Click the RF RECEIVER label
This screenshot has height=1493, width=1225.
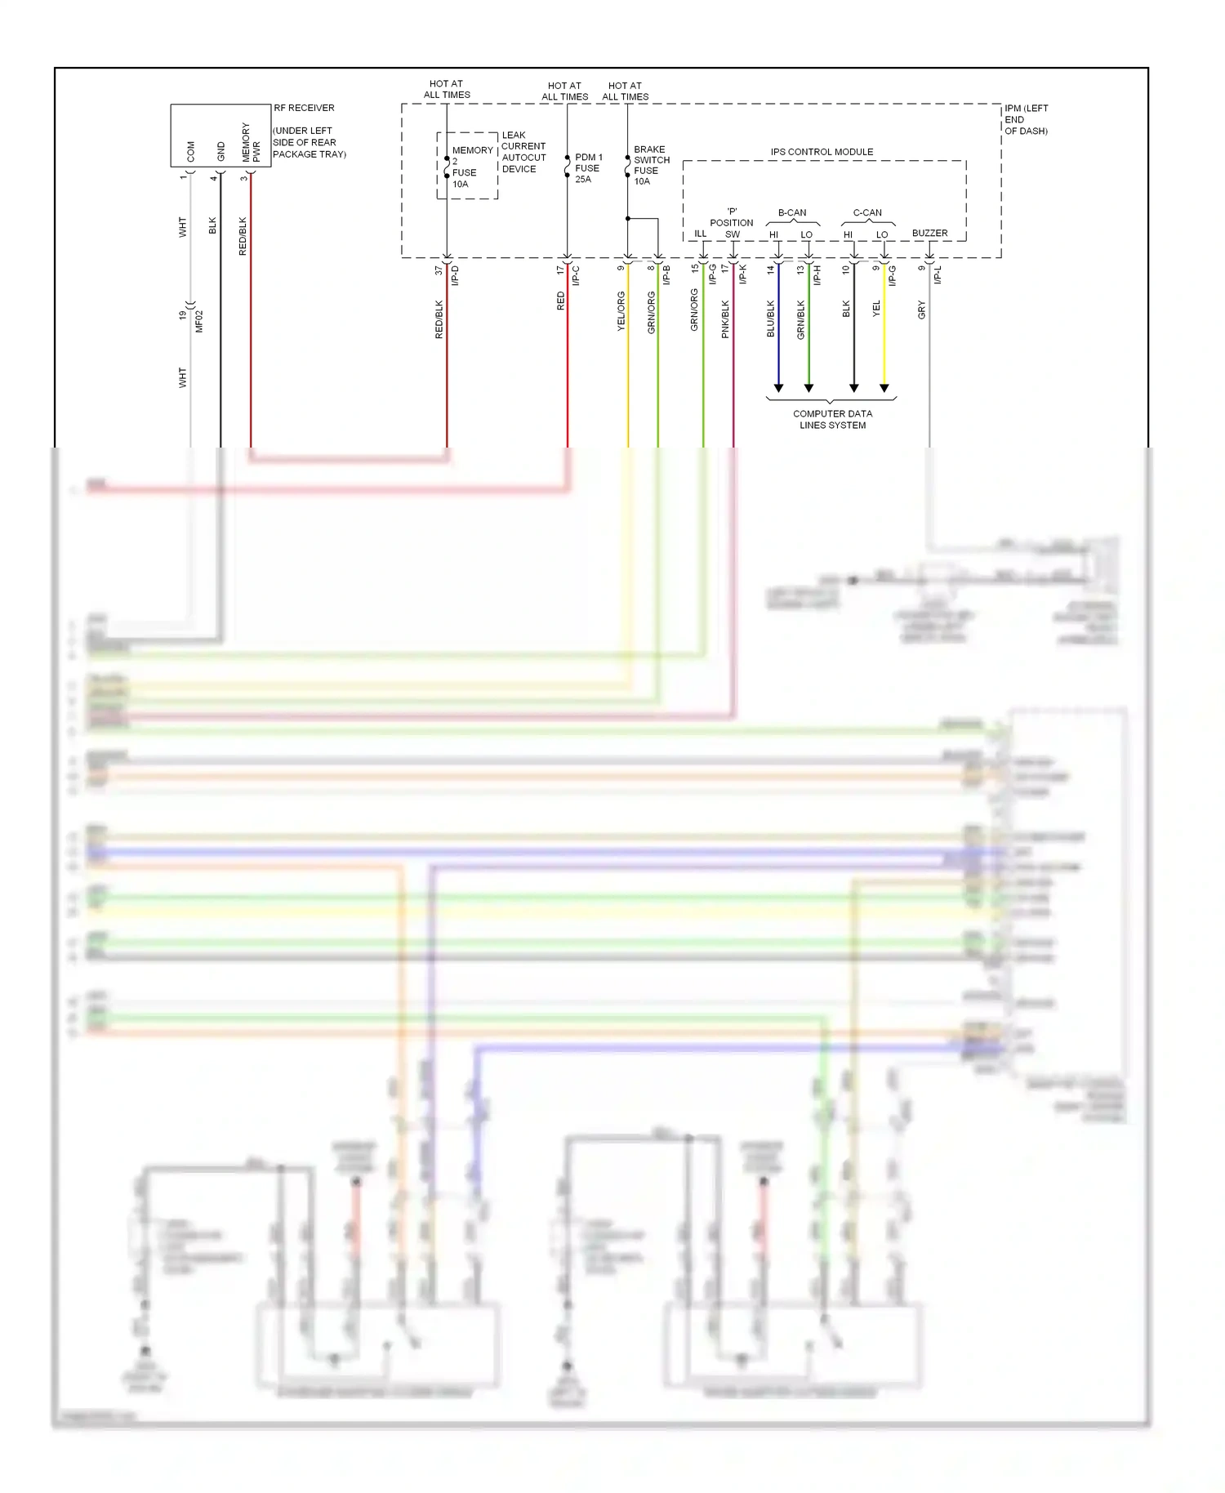tap(304, 108)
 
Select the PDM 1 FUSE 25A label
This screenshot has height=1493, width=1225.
tap(588, 168)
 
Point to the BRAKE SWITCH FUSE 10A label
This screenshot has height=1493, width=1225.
tap(651, 165)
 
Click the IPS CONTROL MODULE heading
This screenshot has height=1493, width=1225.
tap(822, 152)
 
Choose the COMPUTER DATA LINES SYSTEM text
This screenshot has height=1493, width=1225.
tap(832, 419)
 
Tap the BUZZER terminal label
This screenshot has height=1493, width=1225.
tap(929, 234)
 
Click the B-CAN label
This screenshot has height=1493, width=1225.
tap(791, 213)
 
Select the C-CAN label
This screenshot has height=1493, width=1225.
tap(867, 213)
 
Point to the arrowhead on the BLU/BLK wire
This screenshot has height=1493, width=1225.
tap(778, 388)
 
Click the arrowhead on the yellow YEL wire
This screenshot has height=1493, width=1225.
tap(884, 388)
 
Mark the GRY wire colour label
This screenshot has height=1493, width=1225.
tap(921, 310)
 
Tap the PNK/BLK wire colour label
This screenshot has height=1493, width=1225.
tap(725, 319)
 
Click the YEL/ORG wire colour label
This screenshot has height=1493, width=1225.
tap(620, 310)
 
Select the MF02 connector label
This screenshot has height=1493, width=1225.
tap(199, 321)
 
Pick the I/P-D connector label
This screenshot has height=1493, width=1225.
tap(456, 275)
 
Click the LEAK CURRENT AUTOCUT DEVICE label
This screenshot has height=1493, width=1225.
tap(523, 152)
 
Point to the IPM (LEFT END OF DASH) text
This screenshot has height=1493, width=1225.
tap(1026, 119)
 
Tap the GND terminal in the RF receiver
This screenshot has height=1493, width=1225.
tap(220, 151)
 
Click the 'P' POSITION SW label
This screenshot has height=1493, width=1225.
tap(732, 223)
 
